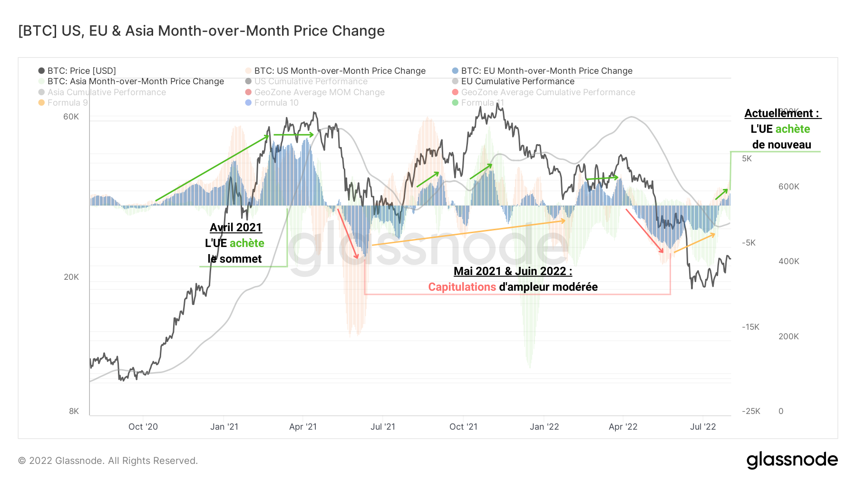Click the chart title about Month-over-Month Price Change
point(201,31)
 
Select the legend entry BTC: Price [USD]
point(81,71)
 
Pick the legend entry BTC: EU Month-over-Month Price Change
point(546,71)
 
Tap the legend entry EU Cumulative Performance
point(517,81)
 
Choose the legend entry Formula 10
point(276,103)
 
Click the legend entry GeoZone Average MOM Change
point(319,92)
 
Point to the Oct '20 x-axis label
point(143,427)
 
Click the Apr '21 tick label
point(303,427)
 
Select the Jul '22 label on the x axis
point(703,427)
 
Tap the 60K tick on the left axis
point(71,117)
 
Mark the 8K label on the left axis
point(74,411)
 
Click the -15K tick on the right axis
point(750,327)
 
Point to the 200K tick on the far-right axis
point(788,336)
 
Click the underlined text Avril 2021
point(236,227)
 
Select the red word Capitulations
point(462,287)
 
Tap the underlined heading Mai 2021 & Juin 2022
point(513,271)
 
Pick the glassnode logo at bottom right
point(792,460)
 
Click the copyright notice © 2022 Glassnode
point(108,461)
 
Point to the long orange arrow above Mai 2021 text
point(468,233)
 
